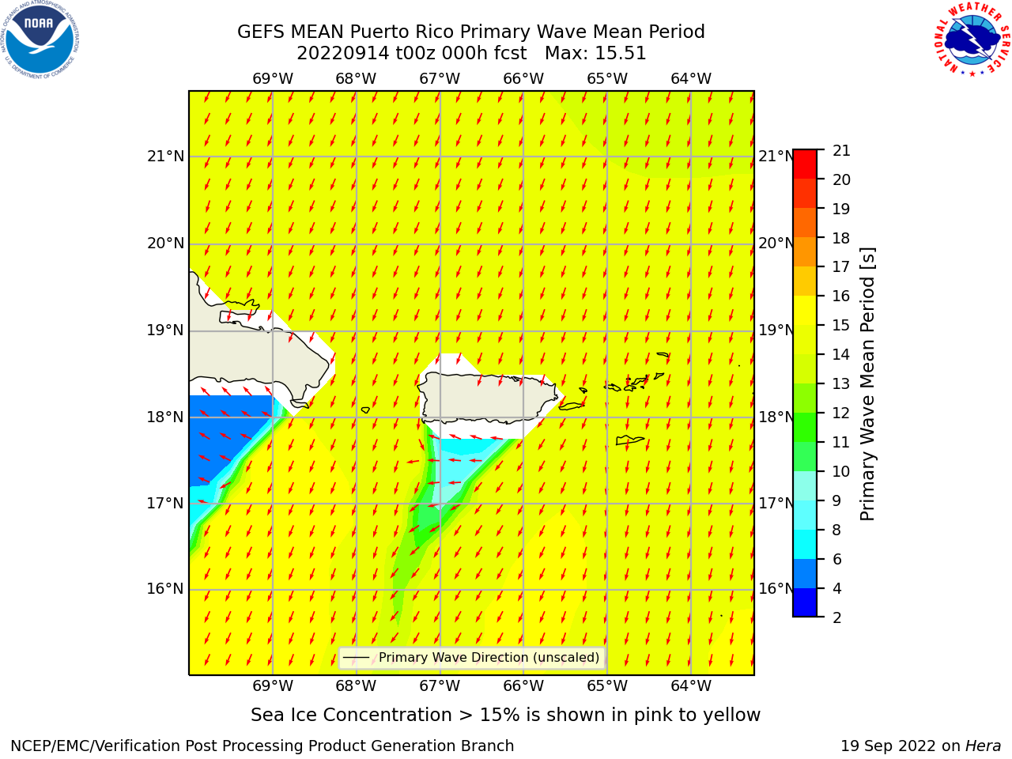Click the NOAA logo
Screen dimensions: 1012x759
[x=40, y=40]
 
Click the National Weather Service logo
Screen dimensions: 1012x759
[x=971, y=40]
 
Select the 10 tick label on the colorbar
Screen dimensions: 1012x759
[x=841, y=471]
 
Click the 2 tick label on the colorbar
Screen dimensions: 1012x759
[x=836, y=617]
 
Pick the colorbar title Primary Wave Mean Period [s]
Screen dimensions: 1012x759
[x=867, y=384]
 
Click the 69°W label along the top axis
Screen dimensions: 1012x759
[x=273, y=79]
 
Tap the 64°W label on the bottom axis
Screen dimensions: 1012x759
[x=691, y=685]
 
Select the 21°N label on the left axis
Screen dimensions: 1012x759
[x=165, y=157]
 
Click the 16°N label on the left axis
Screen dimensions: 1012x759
[x=165, y=589]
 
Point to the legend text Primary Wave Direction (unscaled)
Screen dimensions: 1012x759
[x=489, y=657]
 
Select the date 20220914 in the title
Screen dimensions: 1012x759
[x=343, y=53]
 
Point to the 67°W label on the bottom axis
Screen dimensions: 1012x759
[x=440, y=685]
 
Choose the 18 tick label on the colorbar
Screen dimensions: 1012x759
[x=841, y=238]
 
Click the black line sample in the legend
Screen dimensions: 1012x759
[x=357, y=657]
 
